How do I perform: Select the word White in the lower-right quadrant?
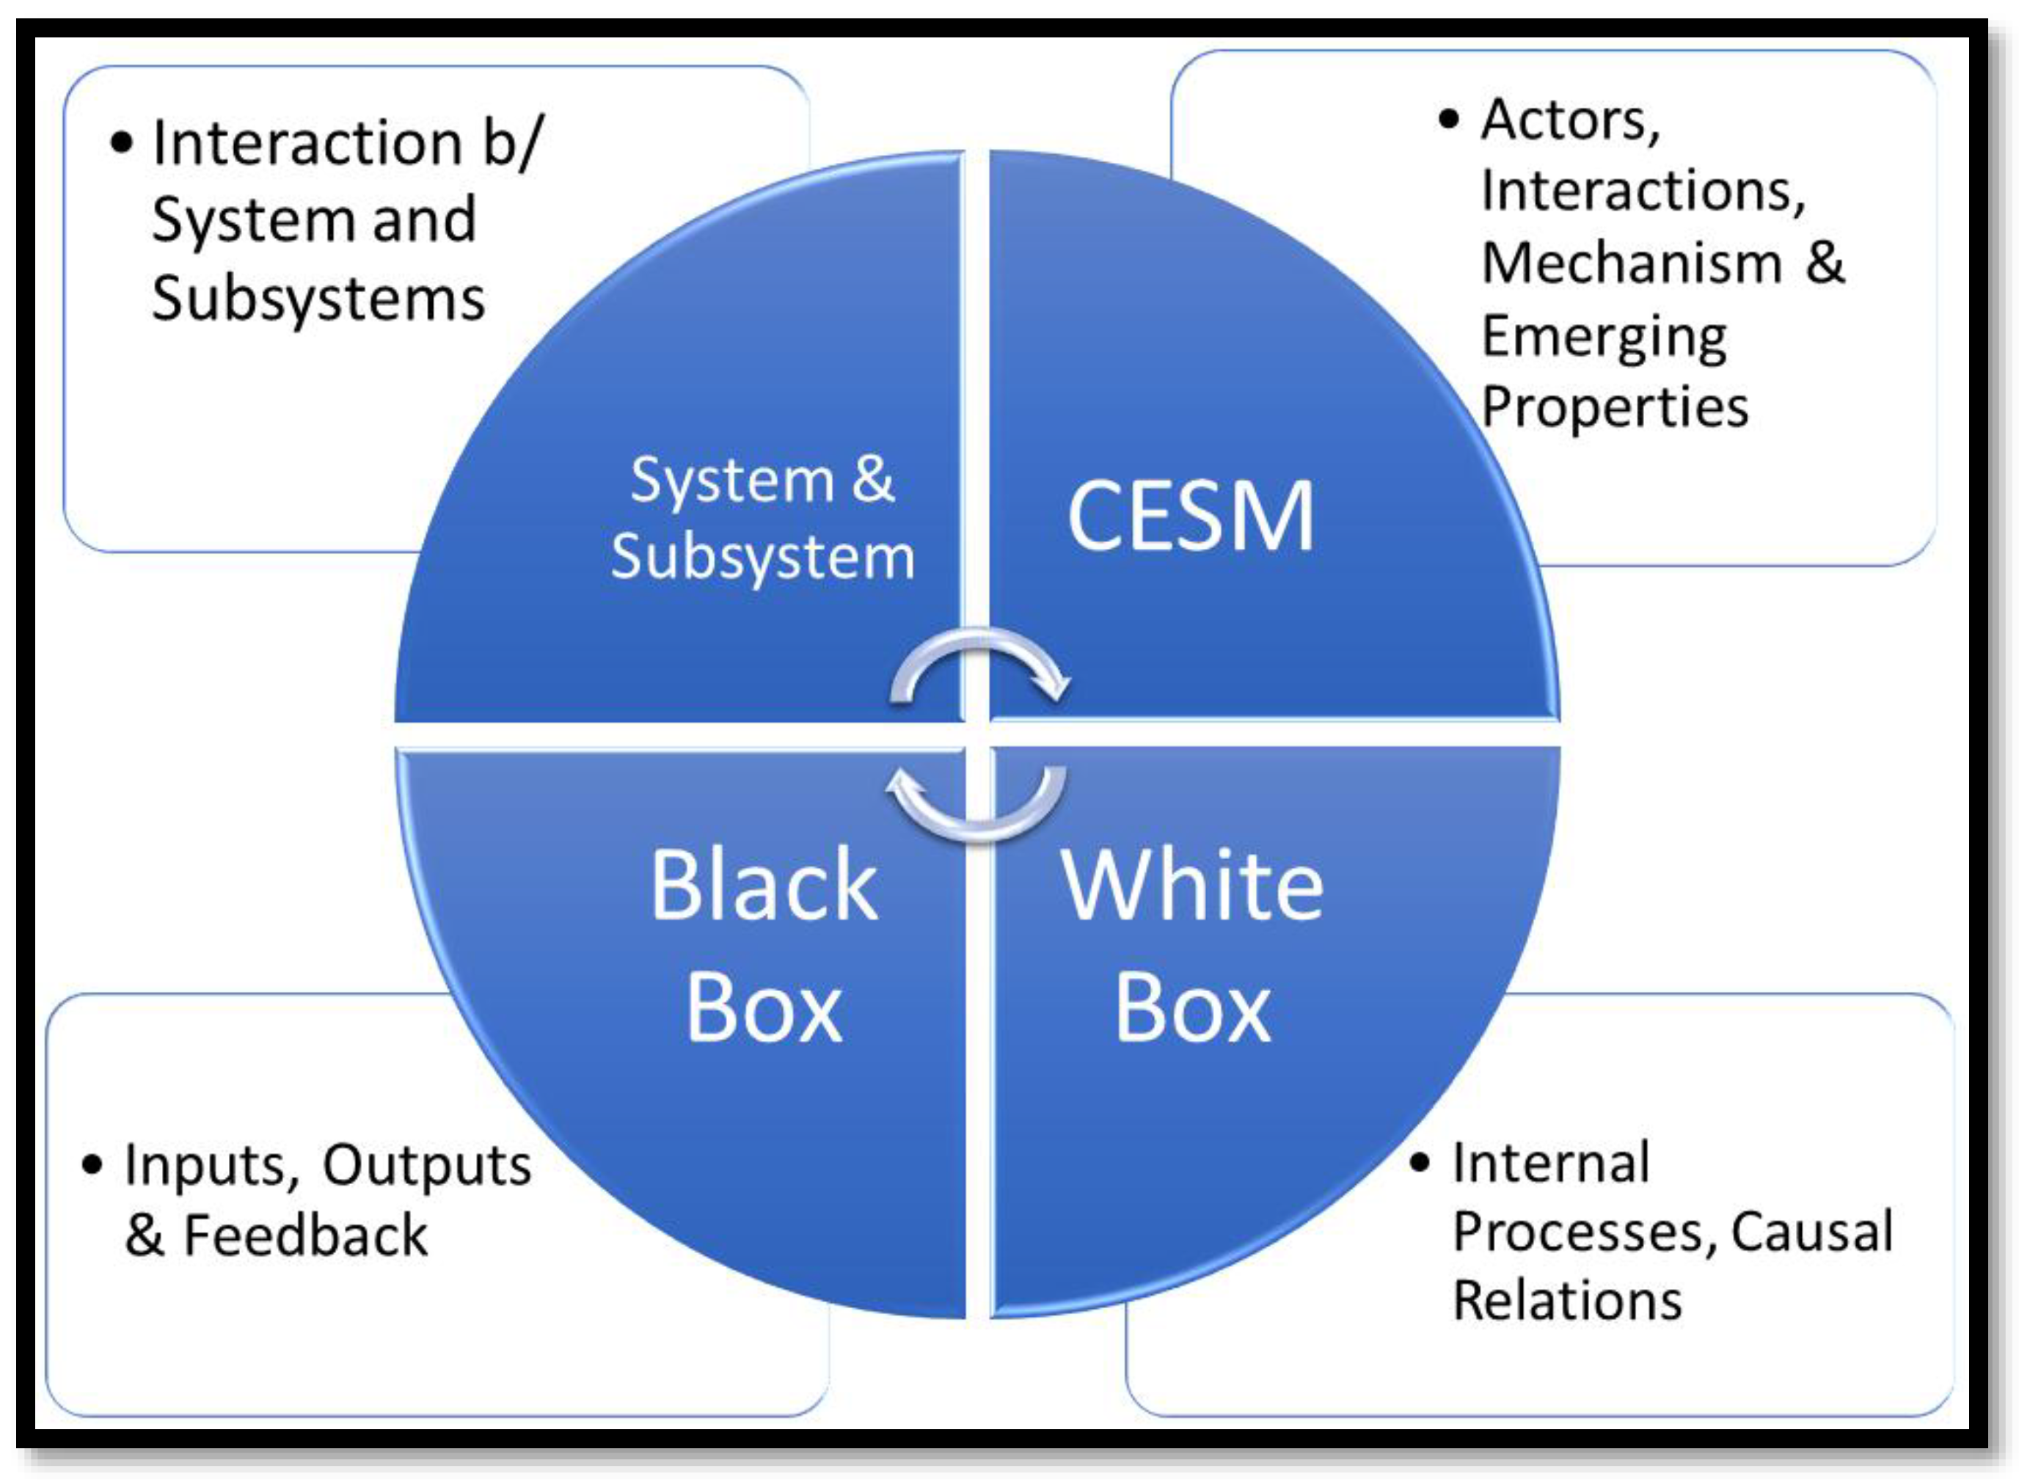tap(1192, 886)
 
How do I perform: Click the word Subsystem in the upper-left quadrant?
tap(762, 558)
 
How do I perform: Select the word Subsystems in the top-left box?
tap(318, 299)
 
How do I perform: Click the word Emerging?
tap(1604, 337)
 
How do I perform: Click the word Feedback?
tap(305, 1236)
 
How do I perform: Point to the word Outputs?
tap(427, 1167)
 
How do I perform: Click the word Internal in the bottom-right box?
tap(1551, 1164)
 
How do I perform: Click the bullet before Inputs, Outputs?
tap(92, 1165)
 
